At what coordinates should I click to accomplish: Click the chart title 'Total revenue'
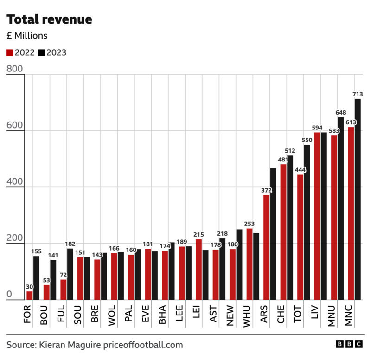[49, 19]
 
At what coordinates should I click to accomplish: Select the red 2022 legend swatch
[10, 52]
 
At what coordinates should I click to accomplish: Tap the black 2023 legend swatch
[41, 52]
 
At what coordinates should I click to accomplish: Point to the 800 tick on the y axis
[14, 69]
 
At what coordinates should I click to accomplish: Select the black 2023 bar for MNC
[358, 199]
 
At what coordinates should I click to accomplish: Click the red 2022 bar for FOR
[30, 296]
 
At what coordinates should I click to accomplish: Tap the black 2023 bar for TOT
[307, 222]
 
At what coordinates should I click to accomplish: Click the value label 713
[358, 94]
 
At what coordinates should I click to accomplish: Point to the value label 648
[341, 112]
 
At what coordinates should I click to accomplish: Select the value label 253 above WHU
[249, 224]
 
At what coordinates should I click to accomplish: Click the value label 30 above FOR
[29, 286]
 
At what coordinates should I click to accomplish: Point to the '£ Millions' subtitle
[27, 36]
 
